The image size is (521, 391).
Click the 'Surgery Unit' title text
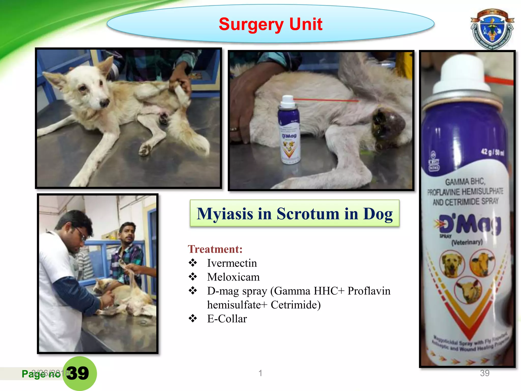point(270,24)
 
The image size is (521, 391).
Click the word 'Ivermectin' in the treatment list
point(232,263)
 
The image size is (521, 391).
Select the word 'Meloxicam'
point(233,277)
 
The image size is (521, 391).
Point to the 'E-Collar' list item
point(227,319)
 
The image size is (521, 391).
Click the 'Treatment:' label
point(215,249)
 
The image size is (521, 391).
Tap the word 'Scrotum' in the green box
point(308,214)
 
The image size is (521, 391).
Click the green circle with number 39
point(79,373)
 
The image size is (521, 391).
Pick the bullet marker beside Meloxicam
point(193,277)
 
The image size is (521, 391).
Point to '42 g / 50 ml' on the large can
point(492,152)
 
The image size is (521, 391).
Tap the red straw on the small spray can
point(326,100)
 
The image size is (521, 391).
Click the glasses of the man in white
point(81,234)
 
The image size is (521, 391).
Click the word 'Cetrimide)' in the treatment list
point(296,305)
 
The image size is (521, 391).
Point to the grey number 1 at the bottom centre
point(260,373)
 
